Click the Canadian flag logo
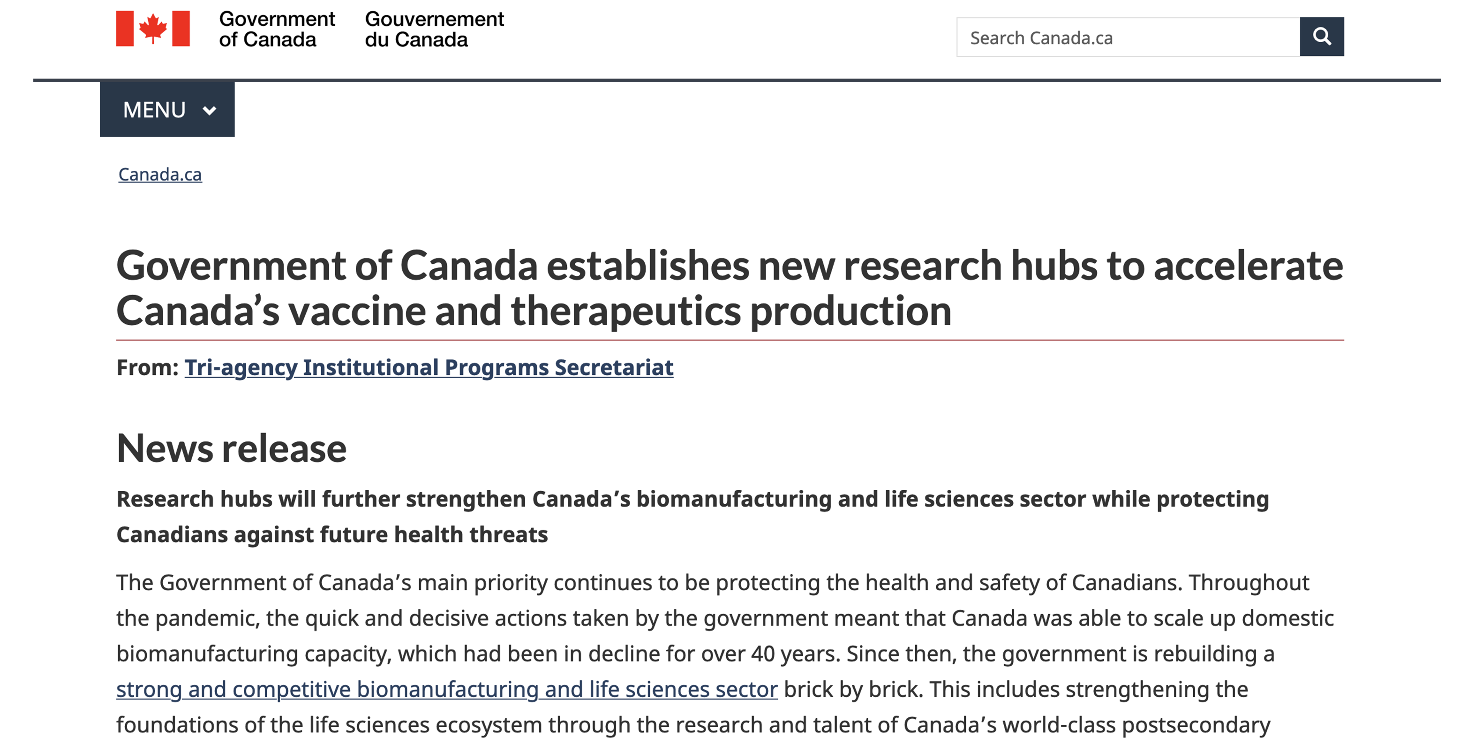click(153, 28)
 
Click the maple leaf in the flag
click(153, 28)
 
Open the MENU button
click(166, 109)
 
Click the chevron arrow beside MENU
click(210, 111)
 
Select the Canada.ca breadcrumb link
click(160, 174)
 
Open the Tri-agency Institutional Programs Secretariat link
click(429, 367)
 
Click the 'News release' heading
click(231, 448)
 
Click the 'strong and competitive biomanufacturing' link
click(447, 689)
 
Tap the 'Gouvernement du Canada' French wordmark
click(434, 29)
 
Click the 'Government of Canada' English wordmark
click(277, 29)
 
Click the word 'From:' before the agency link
click(147, 367)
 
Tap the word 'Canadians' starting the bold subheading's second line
click(173, 534)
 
